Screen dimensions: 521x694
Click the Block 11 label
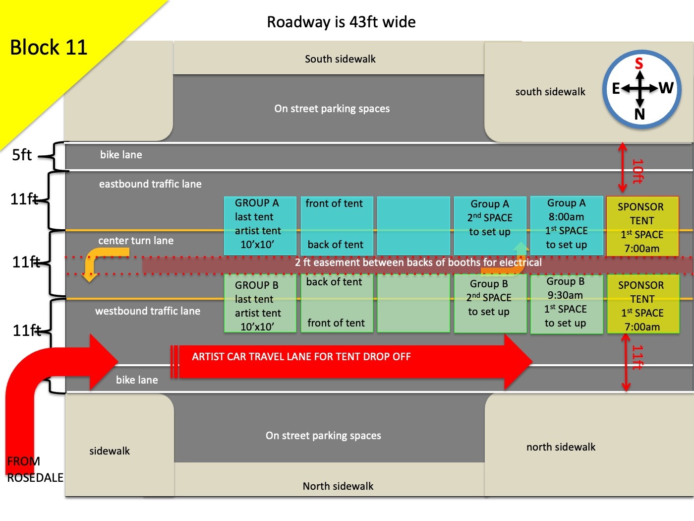(49, 48)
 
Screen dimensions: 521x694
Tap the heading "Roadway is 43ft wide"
(341, 22)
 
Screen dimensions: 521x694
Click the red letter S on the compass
(639, 64)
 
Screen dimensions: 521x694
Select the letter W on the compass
(666, 88)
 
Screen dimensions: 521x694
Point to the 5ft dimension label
(22, 155)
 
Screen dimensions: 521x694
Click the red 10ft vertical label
(637, 171)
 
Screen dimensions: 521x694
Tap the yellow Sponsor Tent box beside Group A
(642, 227)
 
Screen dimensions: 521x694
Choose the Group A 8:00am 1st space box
(567, 224)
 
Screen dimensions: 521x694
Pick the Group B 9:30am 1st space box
(566, 302)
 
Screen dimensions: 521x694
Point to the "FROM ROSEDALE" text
(35, 469)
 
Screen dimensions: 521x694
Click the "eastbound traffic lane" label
(150, 184)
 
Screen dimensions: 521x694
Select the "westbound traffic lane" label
(148, 311)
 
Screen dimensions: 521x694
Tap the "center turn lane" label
(136, 241)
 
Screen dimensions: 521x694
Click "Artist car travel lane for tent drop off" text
(301, 357)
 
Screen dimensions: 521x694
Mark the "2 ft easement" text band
(418, 262)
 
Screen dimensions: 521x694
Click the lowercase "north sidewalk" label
(561, 447)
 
